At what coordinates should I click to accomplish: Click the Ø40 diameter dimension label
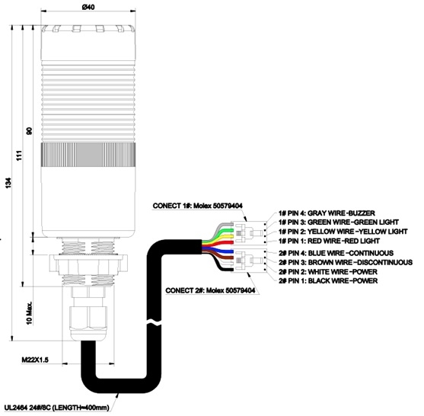click(88, 7)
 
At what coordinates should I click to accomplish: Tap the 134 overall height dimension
click(8, 183)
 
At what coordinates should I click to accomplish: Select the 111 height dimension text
click(19, 155)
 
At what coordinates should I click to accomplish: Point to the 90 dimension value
click(29, 131)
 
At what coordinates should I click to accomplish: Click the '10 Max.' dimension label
click(29, 313)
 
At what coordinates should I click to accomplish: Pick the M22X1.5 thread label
click(35, 360)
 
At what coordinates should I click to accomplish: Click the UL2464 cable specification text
click(56, 408)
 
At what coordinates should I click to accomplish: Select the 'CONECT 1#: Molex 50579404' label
click(198, 206)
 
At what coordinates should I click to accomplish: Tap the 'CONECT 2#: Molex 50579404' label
click(210, 290)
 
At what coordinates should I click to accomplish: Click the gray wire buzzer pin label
click(327, 213)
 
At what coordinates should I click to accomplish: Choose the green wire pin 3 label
click(339, 222)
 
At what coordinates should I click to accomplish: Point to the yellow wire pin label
click(343, 232)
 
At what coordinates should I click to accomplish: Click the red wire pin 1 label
click(329, 241)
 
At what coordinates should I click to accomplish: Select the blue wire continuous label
click(336, 253)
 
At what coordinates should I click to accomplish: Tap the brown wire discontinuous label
click(346, 262)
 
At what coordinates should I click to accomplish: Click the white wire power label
click(328, 271)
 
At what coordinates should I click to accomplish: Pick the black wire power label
click(328, 280)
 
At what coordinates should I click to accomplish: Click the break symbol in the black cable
click(154, 322)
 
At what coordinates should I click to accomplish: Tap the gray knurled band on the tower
click(88, 154)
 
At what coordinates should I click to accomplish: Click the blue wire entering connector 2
click(219, 251)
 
